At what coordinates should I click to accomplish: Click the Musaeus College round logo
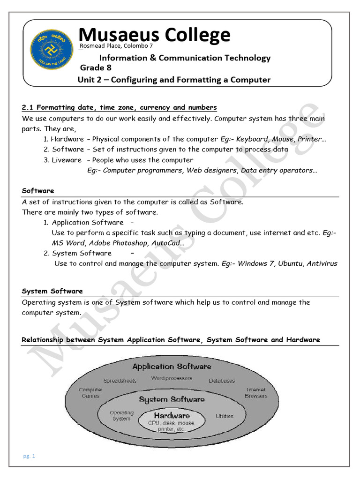coord(52,49)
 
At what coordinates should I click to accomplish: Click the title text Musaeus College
coord(154,35)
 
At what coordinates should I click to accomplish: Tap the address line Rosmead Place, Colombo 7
coord(117,46)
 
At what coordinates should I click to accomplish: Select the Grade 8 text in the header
coord(95,68)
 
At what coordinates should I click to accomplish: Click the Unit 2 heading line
coord(174,80)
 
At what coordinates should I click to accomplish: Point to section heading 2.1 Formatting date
coord(120,108)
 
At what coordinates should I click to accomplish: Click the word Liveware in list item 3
coord(66,160)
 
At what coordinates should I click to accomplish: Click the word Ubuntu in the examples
coord(290,263)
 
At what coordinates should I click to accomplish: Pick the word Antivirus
coord(322,263)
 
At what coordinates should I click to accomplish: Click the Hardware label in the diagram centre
coord(172,415)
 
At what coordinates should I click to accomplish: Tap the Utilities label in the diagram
coord(225,416)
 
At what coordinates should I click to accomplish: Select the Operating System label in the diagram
coord(121,416)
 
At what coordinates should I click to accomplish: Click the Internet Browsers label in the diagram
coord(256,393)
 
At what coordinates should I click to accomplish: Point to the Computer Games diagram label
coord(90,393)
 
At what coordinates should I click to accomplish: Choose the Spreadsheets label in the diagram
coord(120,381)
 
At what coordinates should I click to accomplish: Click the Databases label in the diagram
coord(222,381)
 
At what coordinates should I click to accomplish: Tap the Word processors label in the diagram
coord(171,378)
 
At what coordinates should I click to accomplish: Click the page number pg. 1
coord(29,456)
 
